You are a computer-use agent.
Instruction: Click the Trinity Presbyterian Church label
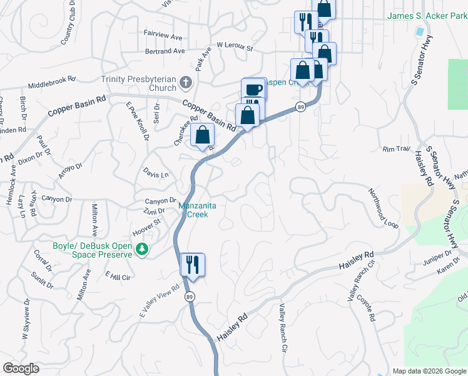pyautogui.click(x=139, y=83)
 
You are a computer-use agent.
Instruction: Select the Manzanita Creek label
pyautogui.click(x=201, y=209)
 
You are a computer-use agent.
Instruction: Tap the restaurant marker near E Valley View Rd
pyautogui.click(x=193, y=264)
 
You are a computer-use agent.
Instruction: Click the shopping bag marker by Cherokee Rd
pyautogui.click(x=203, y=135)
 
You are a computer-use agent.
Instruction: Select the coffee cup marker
pyautogui.click(x=253, y=89)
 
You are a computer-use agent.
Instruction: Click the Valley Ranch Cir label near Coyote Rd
pyautogui.click(x=356, y=280)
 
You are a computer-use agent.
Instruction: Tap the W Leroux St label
pyautogui.click(x=234, y=46)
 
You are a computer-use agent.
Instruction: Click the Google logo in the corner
pyautogui.click(x=21, y=368)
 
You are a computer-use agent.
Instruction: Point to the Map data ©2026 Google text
pyautogui.click(x=429, y=371)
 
